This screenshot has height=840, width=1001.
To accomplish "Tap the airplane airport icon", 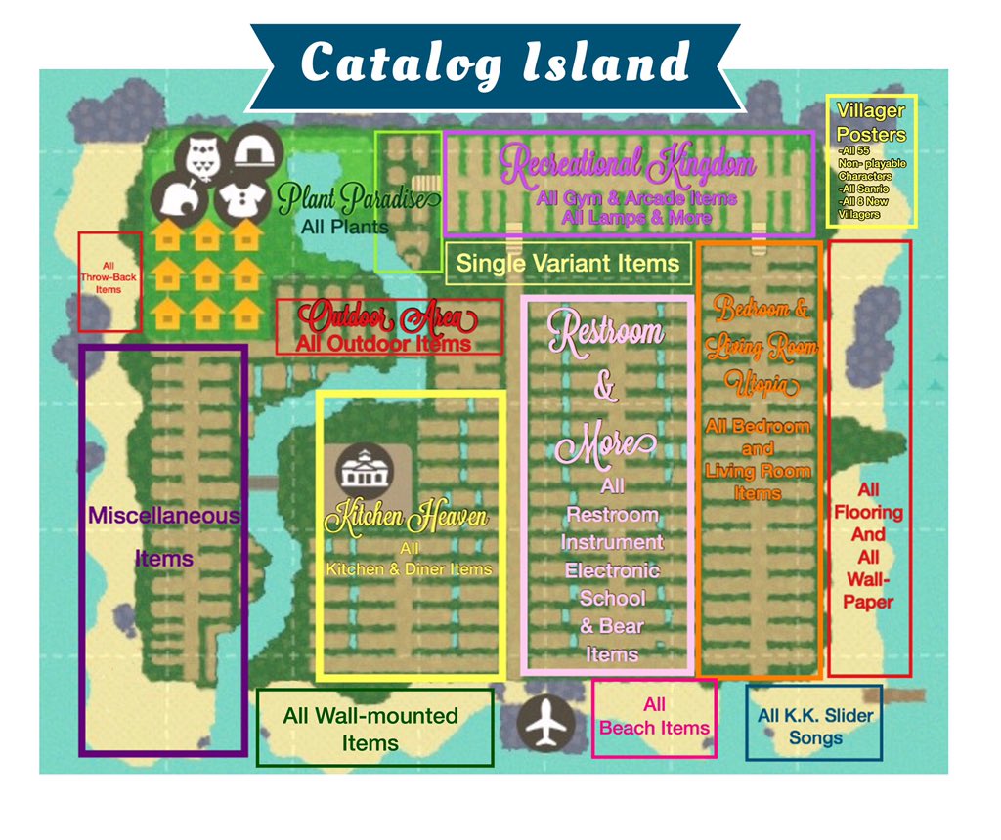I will coord(544,724).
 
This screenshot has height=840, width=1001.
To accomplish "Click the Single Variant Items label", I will coord(568,263).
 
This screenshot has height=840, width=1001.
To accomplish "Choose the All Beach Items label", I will coord(654,716).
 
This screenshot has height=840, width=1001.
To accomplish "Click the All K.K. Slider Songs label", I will coord(815,727).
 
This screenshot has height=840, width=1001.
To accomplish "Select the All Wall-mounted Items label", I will coord(370,729).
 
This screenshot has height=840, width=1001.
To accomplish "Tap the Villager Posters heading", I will coord(871,123).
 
